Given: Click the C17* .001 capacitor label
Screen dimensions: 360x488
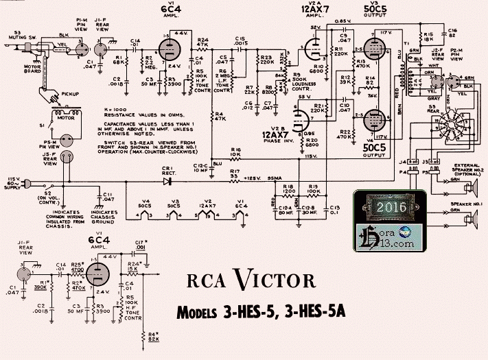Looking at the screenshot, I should coord(141,245).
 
